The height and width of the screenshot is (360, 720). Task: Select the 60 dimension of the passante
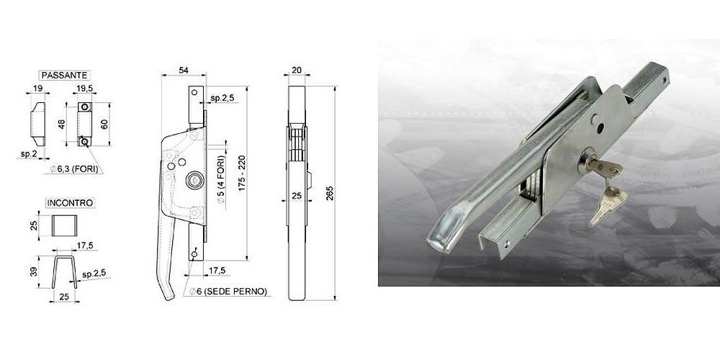104,123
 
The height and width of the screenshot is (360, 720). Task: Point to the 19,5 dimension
85,89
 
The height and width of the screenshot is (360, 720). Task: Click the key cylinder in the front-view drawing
193,181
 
